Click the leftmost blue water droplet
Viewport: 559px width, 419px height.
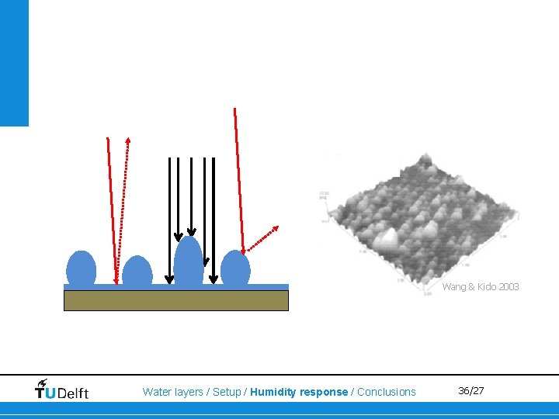pyautogui.click(x=81, y=268)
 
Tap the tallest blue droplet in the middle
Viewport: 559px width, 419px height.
pyautogui.click(x=189, y=262)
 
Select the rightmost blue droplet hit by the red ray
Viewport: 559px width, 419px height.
pyautogui.click(x=235, y=268)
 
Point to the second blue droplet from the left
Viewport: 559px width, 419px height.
pyautogui.click(x=137, y=272)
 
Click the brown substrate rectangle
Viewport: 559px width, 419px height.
pyautogui.click(x=175, y=300)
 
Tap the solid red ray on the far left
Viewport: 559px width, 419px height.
pyautogui.click(x=112, y=209)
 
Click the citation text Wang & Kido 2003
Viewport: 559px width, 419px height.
pyautogui.click(x=481, y=287)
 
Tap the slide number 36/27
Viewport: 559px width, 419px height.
pyautogui.click(x=470, y=390)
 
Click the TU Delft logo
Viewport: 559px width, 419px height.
pyautogui.click(x=62, y=389)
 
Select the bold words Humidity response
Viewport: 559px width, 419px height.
pyautogui.click(x=299, y=392)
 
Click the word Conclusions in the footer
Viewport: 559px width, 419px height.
pyautogui.click(x=386, y=392)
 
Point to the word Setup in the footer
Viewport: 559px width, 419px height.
pyautogui.click(x=227, y=392)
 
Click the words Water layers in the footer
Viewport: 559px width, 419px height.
pyautogui.click(x=172, y=392)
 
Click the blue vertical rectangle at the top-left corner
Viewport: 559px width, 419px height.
pyautogui.click(x=14, y=62)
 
